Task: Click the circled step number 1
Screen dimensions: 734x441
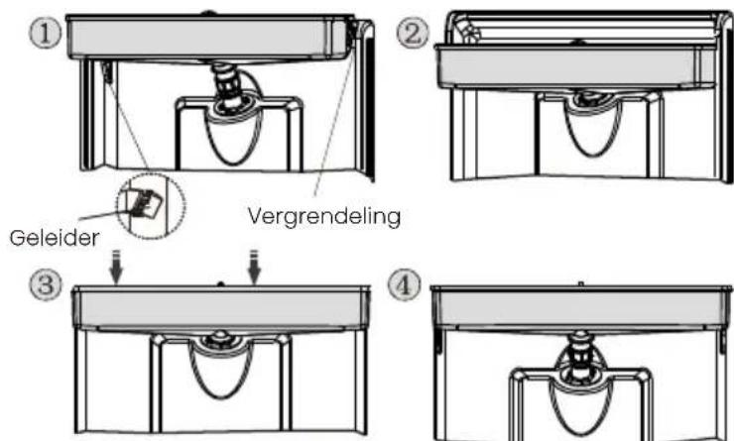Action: coord(46,34)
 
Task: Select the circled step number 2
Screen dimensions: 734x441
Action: coord(413,34)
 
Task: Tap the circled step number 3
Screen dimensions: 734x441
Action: coord(46,284)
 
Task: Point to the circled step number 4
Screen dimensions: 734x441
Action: coord(405,284)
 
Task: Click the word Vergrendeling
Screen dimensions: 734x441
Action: coord(324,216)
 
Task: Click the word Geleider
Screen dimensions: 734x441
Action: coord(55,238)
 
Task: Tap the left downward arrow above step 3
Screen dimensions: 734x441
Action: coord(117,267)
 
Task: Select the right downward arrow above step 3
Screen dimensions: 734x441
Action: coord(254,267)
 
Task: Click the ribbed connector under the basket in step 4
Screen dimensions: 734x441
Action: coord(580,351)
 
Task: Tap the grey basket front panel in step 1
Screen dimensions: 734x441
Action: coord(201,38)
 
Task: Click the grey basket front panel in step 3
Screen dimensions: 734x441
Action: coord(220,308)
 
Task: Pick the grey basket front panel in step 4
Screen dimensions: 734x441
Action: coord(579,308)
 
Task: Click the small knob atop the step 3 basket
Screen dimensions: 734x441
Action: coord(220,283)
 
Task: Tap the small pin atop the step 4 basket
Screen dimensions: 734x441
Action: coord(580,283)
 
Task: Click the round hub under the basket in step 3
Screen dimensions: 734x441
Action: coord(219,340)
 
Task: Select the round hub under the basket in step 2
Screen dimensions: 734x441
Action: coord(592,100)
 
